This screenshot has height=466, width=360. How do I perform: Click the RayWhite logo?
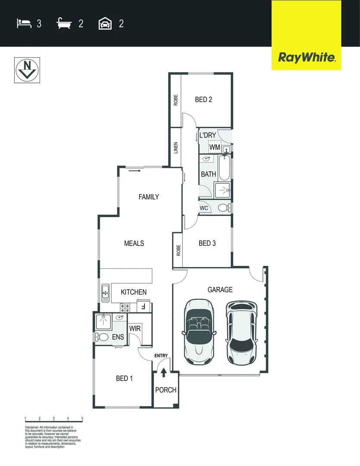point(307,57)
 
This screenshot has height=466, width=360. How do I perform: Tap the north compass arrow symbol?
point(28,69)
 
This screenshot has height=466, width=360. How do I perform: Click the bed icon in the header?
point(24,23)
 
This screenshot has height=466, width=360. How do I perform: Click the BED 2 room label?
point(203,100)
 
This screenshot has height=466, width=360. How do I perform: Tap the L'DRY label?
point(207,135)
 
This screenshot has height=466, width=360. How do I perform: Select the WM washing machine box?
point(215,147)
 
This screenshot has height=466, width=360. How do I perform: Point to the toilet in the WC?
point(223,208)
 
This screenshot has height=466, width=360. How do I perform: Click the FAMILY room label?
point(149,197)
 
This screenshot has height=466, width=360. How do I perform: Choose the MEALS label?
point(134,243)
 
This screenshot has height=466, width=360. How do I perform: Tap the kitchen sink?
point(105,293)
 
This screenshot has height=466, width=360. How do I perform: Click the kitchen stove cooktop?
point(125,308)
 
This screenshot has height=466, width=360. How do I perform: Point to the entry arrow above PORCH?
point(163,372)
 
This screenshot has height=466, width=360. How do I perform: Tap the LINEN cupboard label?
point(175,148)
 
